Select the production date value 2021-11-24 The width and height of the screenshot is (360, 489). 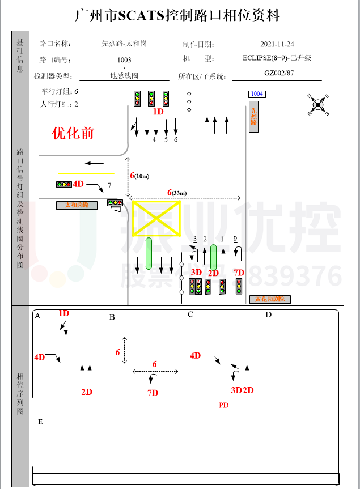[x=277, y=44]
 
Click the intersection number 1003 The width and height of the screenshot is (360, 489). [x=124, y=60]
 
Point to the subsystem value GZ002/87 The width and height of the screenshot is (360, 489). [x=278, y=73]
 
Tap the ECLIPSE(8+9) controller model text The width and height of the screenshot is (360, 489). [x=276, y=58]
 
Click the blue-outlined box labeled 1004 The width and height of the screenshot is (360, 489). [x=257, y=94]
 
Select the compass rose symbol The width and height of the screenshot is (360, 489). [x=319, y=104]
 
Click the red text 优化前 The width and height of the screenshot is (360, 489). [x=73, y=133]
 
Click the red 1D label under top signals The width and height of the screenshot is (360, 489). [x=158, y=112]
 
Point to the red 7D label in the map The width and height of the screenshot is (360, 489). [x=239, y=273]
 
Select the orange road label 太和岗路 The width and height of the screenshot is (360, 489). [x=77, y=205]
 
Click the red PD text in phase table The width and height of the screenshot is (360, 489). [x=223, y=406]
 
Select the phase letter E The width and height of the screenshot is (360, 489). [x=40, y=422]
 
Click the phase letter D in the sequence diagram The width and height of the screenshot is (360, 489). [x=269, y=314]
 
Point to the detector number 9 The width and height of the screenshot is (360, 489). [x=235, y=239]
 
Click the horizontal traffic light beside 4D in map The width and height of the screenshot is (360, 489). [x=63, y=184]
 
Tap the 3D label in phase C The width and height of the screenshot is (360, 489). [x=236, y=390]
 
